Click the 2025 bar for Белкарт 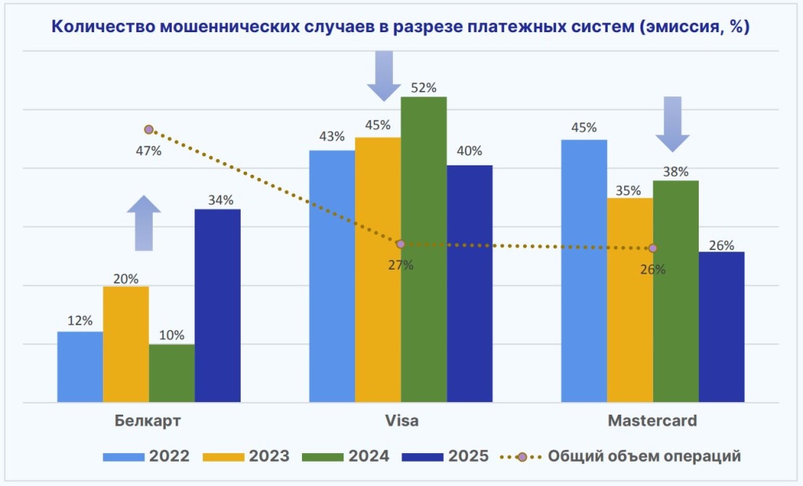(x=217, y=306)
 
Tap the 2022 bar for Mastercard (x=583, y=270)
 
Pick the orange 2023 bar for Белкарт (x=125, y=344)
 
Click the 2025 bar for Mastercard (x=721, y=327)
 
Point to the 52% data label (x=423, y=88)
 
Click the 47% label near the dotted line (x=148, y=151)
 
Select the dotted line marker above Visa (x=401, y=244)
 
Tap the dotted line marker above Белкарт (x=148, y=129)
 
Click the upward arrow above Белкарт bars (x=144, y=223)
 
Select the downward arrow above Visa (x=383, y=75)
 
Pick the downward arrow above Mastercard (x=672, y=124)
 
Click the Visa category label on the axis (x=401, y=421)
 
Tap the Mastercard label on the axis (x=652, y=421)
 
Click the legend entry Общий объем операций (x=627, y=456)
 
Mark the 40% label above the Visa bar (x=469, y=151)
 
